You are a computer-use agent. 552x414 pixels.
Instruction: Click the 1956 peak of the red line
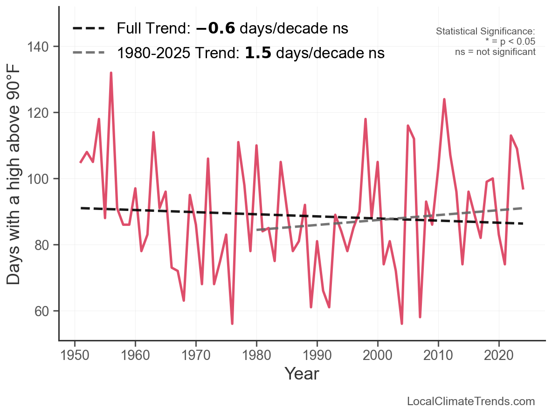[111, 73]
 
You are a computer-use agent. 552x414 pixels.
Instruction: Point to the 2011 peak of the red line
[444, 99]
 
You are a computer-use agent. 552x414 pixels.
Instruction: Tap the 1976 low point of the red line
[232, 324]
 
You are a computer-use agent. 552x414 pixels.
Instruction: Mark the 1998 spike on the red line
[366, 119]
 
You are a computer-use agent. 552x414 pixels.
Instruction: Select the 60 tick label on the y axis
[45, 311]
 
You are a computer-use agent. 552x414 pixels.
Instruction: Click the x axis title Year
[302, 373]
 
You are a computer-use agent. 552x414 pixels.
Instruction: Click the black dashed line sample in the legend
[89, 29]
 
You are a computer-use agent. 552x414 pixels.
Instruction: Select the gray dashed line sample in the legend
[89, 53]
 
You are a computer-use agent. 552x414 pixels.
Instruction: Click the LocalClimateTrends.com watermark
[471, 401]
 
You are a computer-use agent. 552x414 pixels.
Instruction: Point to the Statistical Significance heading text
[485, 31]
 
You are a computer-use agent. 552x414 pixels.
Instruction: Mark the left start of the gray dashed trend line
[257, 230]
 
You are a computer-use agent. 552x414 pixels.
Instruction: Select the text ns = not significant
[495, 52]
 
